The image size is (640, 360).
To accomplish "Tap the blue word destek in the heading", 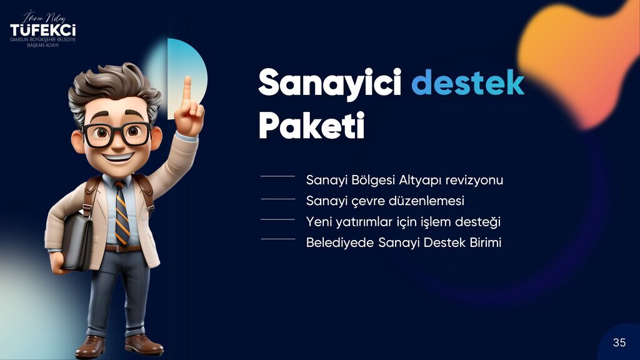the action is (467, 82).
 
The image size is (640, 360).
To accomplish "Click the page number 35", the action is (619, 342).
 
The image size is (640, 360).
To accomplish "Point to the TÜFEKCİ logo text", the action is (43, 30).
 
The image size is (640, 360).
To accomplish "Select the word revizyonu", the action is (474, 180).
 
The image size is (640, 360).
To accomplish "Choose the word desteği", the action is (477, 222).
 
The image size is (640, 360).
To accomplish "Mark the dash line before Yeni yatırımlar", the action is (277, 219).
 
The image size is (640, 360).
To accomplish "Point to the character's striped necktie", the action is (122, 212).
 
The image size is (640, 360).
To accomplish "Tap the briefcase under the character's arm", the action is (77, 241).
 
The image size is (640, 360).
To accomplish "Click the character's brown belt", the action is (122, 248).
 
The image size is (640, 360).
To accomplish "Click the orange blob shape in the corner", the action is (579, 61).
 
